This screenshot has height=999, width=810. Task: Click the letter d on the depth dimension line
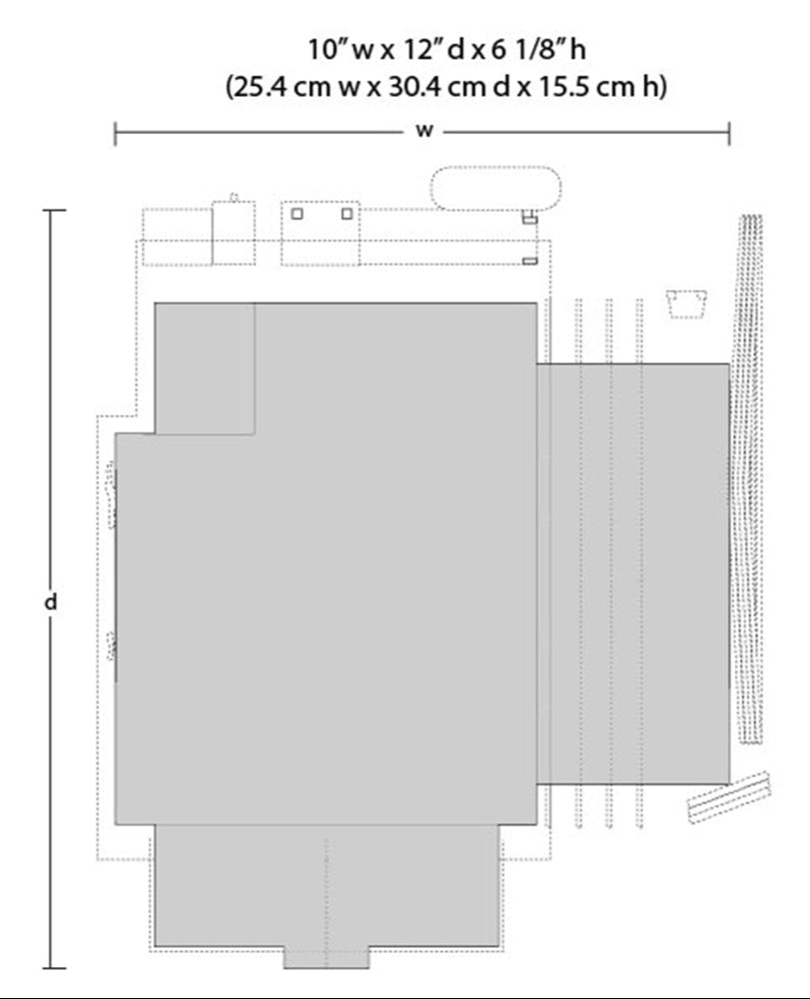(52, 602)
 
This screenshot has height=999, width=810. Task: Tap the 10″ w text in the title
(337, 49)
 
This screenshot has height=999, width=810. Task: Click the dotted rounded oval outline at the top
(494, 188)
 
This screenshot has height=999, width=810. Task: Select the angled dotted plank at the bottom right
(731, 795)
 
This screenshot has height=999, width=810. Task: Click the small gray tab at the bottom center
(327, 956)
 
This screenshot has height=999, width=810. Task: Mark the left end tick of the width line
(116, 133)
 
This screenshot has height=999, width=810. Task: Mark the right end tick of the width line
(729, 133)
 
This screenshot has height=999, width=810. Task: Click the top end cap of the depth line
(55, 212)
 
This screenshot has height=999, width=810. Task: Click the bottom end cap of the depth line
(55, 967)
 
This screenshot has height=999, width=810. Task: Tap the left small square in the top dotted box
(297, 213)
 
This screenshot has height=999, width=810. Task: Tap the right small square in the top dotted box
(347, 213)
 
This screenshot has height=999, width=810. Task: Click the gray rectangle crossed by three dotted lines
(633, 573)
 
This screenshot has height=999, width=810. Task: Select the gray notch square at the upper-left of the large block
(205, 367)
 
